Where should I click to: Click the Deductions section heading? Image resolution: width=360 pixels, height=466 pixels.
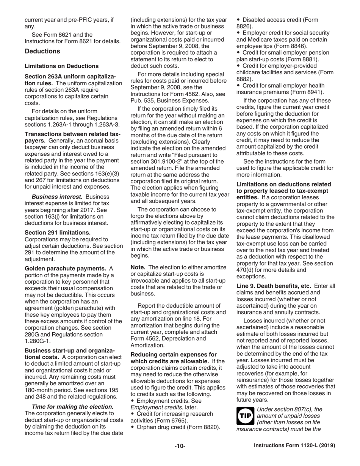42,51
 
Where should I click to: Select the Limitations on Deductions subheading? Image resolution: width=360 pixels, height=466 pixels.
61,66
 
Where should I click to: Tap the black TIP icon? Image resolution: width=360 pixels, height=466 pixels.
244,416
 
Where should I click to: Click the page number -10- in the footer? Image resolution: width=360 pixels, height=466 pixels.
180,446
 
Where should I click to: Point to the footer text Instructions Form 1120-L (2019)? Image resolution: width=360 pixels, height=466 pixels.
294,446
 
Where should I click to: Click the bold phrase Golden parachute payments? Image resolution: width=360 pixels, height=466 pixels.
65,268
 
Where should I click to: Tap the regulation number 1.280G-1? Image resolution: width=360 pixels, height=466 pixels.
37,341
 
